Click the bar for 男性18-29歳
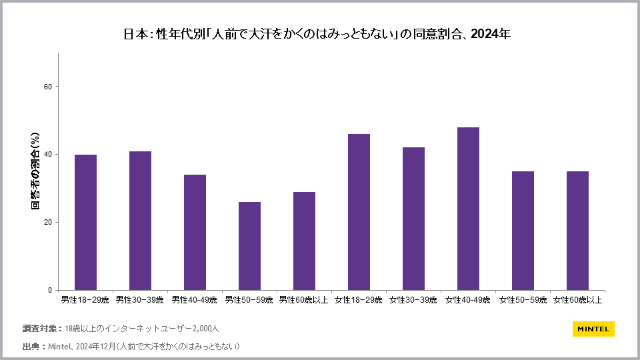tap(85, 222)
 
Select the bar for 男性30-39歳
tap(140, 221)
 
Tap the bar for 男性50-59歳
tap(249, 246)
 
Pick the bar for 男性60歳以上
tap(304, 241)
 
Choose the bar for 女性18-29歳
tap(359, 212)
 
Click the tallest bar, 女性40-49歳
tap(468, 209)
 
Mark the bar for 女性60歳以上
tap(577, 231)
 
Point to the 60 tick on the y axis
tap(49, 87)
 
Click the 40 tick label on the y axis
tap(49, 155)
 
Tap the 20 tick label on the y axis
tap(49, 223)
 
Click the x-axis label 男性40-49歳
tap(195, 300)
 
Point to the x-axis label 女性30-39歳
tap(413, 300)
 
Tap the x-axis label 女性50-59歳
tap(523, 300)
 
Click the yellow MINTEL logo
tap(593, 329)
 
